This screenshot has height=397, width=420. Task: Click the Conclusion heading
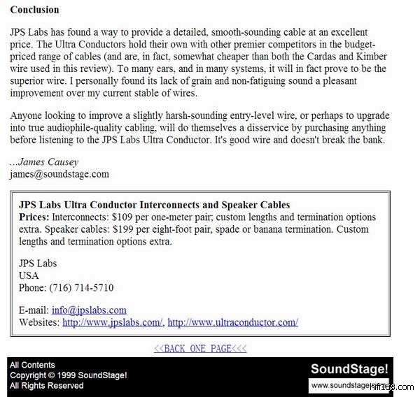[34, 10]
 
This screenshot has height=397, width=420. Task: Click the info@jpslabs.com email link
[89, 310]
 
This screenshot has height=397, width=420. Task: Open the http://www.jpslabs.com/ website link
[113, 322]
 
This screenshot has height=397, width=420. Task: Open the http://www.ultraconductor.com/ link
[232, 322]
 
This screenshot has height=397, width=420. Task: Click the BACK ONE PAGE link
[200, 349]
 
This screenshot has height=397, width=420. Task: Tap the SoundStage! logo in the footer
[349, 369]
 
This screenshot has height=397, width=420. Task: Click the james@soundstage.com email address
[59, 174]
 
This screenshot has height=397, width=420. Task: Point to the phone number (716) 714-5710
[81, 287]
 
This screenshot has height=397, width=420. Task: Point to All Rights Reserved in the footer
[46, 385]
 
